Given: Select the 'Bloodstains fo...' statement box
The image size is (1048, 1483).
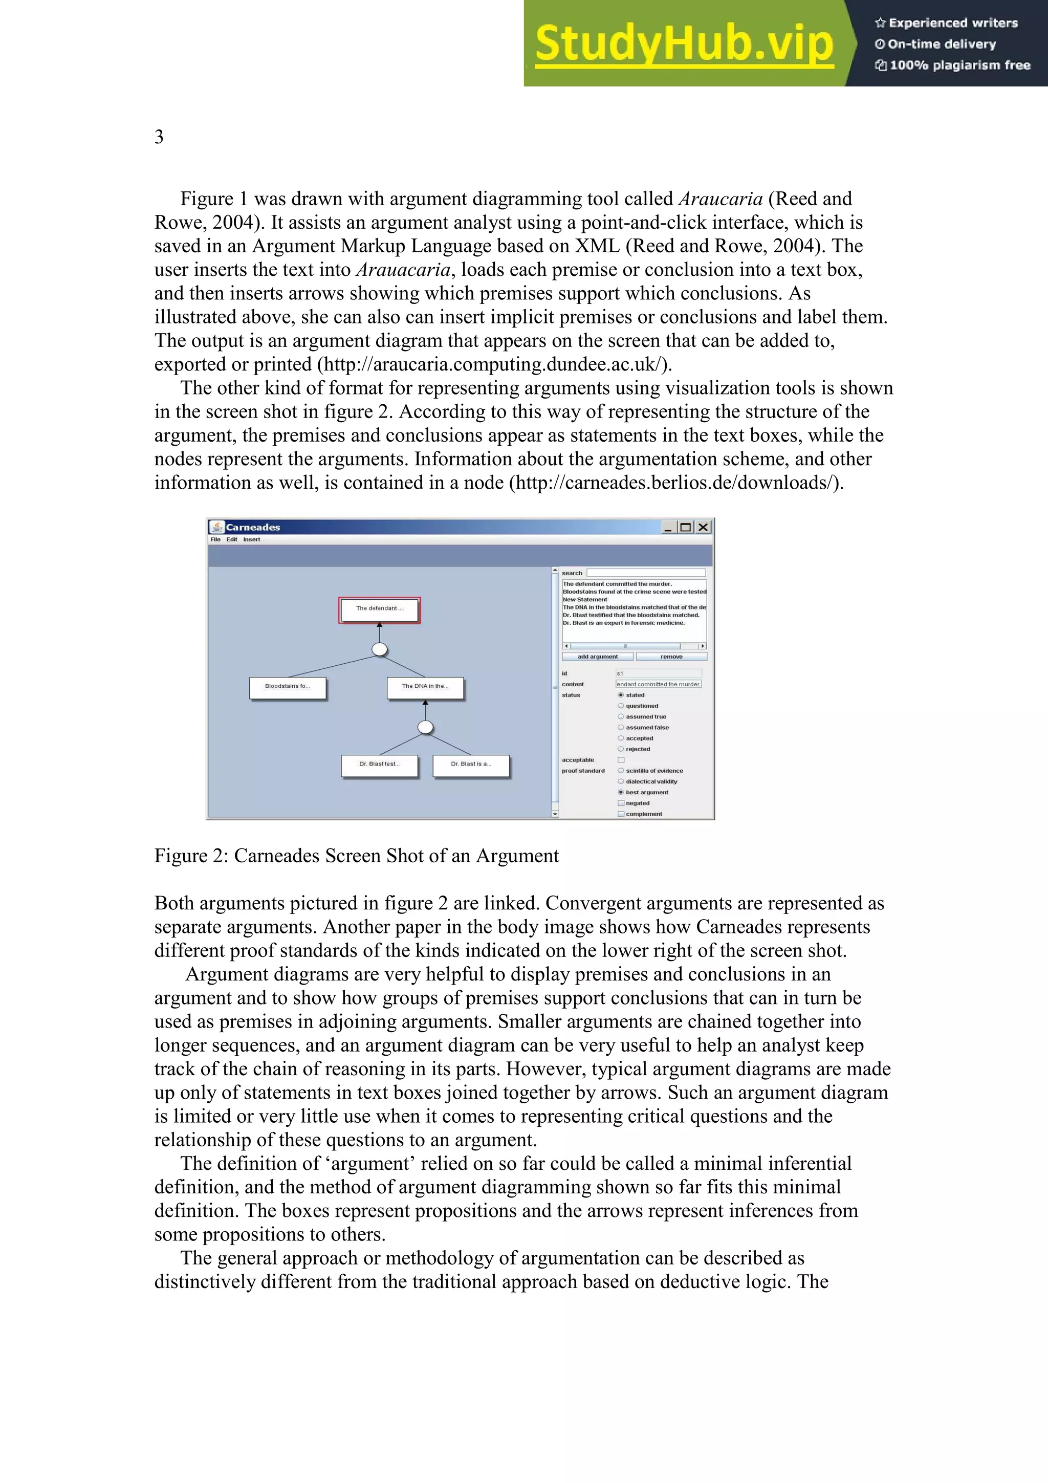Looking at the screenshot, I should coord(288,687).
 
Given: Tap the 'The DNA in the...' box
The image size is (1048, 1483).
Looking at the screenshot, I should coord(425,687).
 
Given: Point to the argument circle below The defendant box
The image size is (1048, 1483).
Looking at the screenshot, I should coord(380,649).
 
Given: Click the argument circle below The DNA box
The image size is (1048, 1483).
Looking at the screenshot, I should coord(425,727).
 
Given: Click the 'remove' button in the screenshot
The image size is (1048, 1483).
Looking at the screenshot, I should coord(671,656).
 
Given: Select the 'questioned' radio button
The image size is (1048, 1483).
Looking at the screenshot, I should coord(621,706).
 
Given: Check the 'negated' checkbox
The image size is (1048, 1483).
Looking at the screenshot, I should coord(621,803).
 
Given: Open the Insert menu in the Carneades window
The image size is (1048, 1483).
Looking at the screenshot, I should coord(251,539).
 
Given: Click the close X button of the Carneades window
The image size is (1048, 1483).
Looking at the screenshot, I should coord(703,527).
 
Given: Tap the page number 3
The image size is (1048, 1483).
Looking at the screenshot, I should coord(159,137).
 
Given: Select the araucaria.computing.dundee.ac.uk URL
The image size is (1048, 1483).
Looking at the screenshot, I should coord(494,365).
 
